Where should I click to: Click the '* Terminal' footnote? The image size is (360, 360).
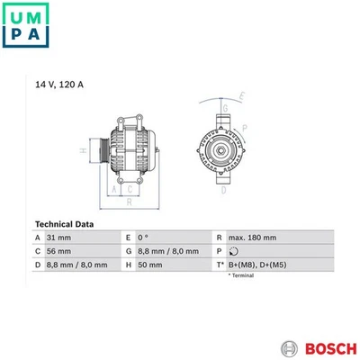point(242,275)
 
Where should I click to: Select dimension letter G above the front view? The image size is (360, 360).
point(226,107)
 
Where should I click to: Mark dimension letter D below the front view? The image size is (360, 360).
point(224,192)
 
